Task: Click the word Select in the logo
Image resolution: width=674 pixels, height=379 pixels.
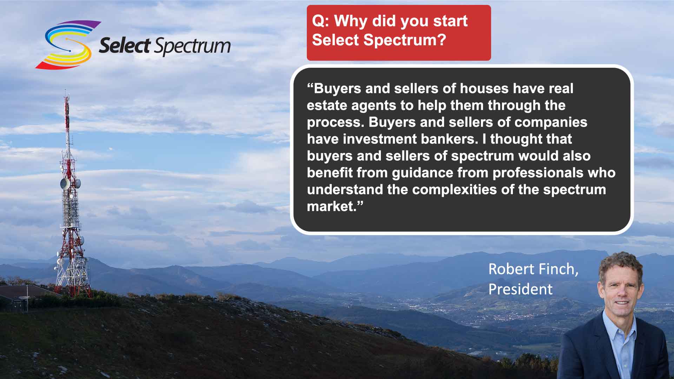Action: (125, 46)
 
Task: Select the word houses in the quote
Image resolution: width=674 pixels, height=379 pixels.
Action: (484, 88)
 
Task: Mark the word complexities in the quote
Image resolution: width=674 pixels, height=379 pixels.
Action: (455, 190)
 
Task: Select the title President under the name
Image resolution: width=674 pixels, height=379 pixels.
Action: (520, 289)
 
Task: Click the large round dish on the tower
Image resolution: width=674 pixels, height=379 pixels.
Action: (65, 184)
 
